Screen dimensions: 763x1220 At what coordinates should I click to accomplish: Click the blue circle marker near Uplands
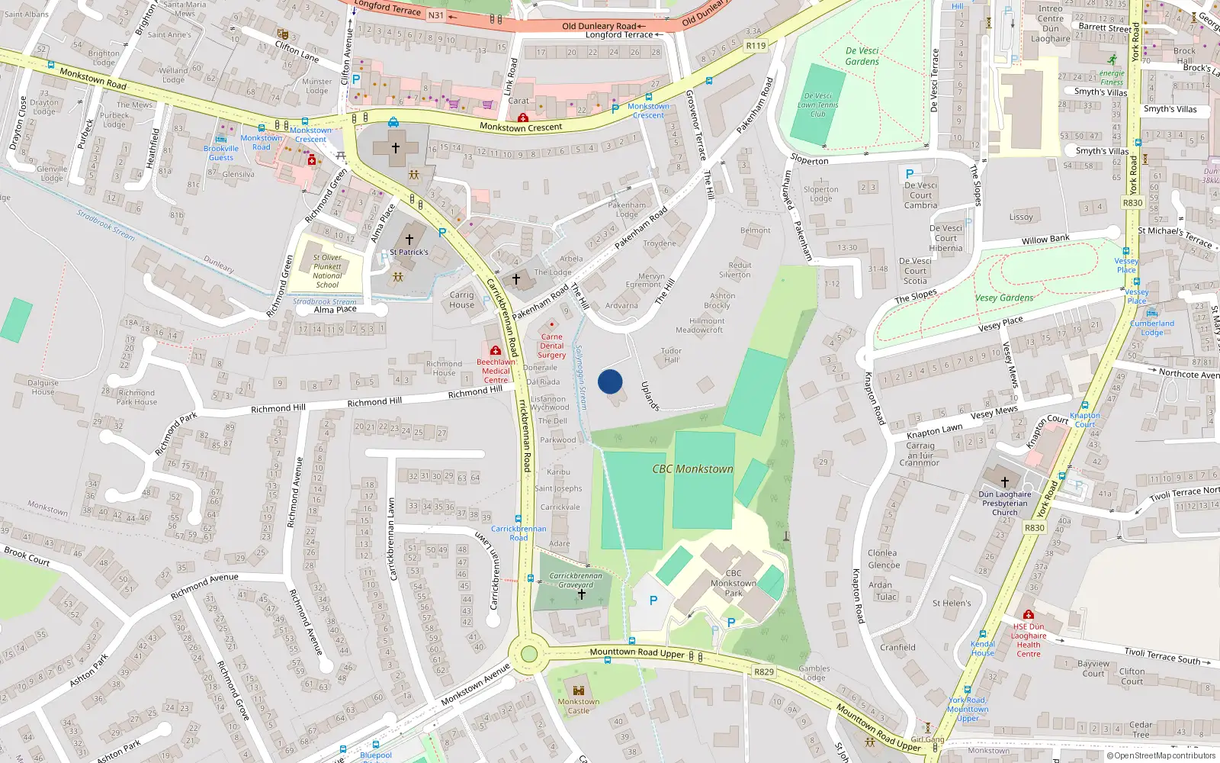pos(610,381)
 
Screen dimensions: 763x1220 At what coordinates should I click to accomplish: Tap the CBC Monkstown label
pos(692,469)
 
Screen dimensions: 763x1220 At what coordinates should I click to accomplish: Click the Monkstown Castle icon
pos(578,690)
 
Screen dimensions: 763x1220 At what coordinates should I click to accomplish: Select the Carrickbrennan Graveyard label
pos(576,581)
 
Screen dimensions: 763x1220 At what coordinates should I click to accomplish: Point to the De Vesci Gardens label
pos(862,56)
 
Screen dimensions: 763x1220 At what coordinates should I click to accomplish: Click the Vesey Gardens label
pos(1004,298)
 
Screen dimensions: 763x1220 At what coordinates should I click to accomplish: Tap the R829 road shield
pos(763,672)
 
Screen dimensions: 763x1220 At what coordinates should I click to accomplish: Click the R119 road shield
pos(756,46)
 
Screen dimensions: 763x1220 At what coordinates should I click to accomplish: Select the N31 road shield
pos(435,15)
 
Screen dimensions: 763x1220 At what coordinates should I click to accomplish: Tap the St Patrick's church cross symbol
pos(409,240)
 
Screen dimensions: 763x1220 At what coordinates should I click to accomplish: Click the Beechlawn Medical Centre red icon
pos(496,351)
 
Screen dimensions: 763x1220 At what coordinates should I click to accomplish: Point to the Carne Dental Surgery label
pos(551,346)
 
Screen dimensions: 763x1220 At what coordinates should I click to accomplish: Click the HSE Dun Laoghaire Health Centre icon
pos(1028,615)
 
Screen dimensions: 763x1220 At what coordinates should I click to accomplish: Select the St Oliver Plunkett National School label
pos(327,271)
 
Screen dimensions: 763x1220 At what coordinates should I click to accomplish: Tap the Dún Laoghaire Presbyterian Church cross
pos(1004,482)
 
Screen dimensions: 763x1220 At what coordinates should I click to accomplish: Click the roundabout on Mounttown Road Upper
pos(528,654)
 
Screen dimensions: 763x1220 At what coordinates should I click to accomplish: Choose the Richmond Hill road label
pos(374,402)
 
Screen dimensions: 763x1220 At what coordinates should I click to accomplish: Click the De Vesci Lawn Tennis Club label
pos(817,105)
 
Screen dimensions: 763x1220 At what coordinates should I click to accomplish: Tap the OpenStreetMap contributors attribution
pos(1161,756)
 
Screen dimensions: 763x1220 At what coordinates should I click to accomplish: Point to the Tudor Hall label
pos(671,356)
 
